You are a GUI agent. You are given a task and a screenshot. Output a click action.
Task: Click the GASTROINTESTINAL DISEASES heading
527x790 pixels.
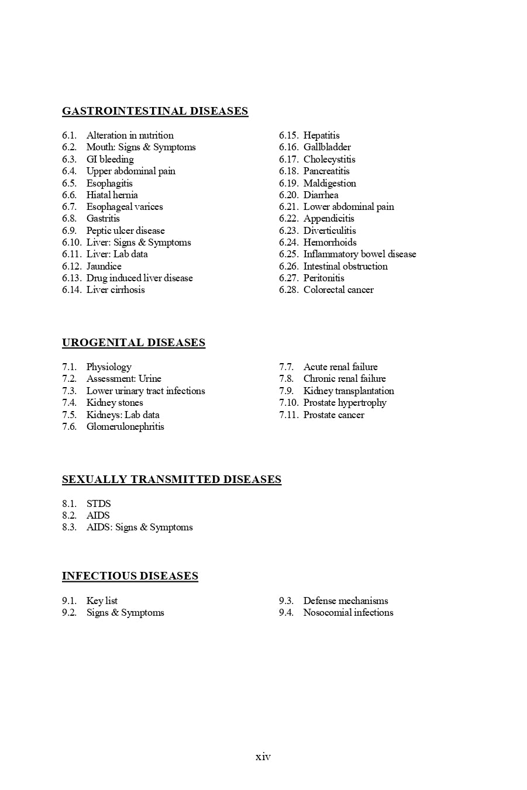[x=155, y=111]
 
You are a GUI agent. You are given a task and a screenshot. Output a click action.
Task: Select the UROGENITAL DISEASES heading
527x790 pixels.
[x=133, y=343]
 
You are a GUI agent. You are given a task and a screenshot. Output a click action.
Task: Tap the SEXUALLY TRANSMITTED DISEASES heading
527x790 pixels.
[x=171, y=479]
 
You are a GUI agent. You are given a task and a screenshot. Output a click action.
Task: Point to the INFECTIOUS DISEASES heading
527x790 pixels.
[x=130, y=576]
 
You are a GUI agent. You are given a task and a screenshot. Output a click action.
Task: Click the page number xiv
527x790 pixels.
[x=263, y=757]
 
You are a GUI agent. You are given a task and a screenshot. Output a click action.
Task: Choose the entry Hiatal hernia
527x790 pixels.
[x=112, y=195]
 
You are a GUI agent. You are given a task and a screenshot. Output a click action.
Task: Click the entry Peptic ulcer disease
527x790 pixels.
[x=125, y=230]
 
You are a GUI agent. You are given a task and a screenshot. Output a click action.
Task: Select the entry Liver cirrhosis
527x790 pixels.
[x=115, y=289]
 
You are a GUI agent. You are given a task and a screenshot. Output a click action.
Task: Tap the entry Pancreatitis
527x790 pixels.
[x=326, y=171]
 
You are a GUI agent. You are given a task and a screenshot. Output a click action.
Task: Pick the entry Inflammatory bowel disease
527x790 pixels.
[x=360, y=254]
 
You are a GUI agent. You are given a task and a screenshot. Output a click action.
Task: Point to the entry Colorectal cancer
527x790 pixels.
[x=338, y=289]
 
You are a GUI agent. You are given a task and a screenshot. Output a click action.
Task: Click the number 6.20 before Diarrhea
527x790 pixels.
[x=288, y=195]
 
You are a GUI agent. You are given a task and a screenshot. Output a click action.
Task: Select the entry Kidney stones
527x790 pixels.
[x=115, y=402]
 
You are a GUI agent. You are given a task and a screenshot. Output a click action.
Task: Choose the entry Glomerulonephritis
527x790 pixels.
[x=125, y=426]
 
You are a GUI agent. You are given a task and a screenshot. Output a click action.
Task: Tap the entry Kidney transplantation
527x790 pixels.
[x=349, y=391]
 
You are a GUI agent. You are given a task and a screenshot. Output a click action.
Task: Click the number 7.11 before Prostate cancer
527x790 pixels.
[x=288, y=415]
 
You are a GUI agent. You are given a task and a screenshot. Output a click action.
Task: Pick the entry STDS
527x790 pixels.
[x=98, y=503]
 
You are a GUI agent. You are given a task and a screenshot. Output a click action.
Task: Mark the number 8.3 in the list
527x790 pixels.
[x=69, y=527]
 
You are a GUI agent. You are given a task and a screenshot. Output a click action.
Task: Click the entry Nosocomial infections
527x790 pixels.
[x=348, y=612]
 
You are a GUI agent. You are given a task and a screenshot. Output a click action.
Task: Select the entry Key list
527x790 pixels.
[x=102, y=601]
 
